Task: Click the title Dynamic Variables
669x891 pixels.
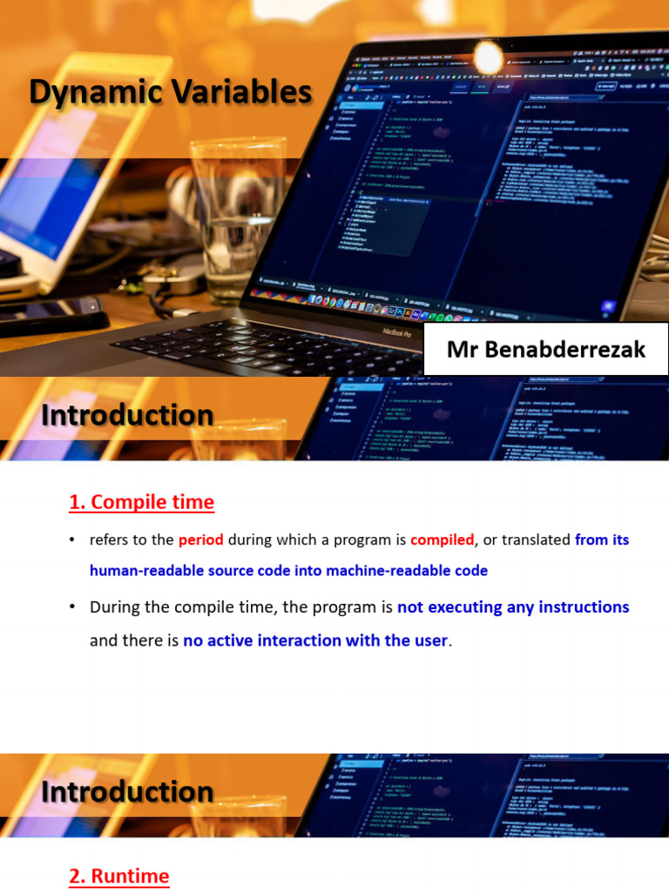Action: click(171, 91)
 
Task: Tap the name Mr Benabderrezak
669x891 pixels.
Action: click(546, 350)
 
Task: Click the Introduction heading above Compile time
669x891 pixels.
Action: click(127, 416)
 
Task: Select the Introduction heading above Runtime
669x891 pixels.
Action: click(127, 792)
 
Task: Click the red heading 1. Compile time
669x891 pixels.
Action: click(141, 502)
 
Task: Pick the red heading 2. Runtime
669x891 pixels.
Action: click(119, 876)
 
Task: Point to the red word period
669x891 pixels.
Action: click(201, 539)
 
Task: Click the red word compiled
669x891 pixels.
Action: click(442, 539)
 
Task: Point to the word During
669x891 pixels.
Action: click(114, 607)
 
